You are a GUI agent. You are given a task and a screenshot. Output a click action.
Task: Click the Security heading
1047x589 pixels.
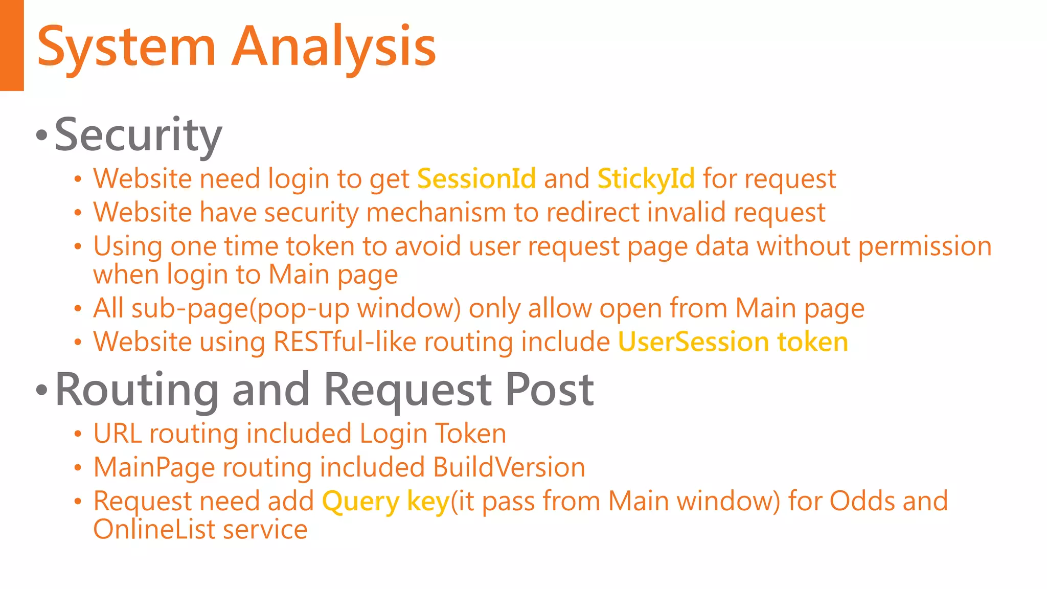(x=138, y=134)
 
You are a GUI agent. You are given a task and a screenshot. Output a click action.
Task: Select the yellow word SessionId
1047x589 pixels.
(x=476, y=179)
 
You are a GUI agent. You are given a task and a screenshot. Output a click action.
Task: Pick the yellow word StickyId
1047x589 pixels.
(x=646, y=179)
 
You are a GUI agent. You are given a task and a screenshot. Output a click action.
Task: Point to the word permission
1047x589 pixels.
(x=925, y=246)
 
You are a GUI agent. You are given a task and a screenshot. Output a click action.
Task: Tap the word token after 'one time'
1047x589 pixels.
(x=320, y=246)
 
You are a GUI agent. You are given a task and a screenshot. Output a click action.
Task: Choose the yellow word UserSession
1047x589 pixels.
(x=693, y=342)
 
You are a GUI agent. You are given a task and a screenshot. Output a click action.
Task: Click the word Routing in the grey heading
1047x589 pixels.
(x=138, y=390)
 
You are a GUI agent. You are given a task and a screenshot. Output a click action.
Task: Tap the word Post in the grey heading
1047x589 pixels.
(x=549, y=390)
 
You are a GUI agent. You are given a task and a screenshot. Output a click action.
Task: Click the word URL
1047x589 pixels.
(x=118, y=434)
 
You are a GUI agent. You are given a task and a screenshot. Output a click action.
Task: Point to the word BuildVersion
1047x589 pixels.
(x=509, y=467)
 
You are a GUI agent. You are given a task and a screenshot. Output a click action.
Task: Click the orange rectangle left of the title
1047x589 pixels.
(x=12, y=45)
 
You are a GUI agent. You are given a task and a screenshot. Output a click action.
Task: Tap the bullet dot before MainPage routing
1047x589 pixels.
(x=78, y=468)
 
